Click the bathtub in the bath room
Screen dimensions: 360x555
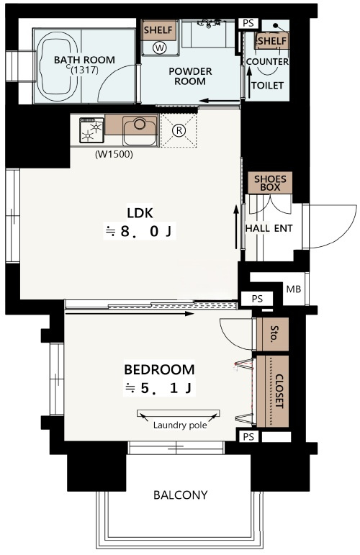(58, 66)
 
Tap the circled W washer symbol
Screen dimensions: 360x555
(160, 48)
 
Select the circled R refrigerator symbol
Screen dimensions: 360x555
(179, 130)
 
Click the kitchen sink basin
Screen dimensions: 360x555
(140, 130)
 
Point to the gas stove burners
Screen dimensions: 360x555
(91, 130)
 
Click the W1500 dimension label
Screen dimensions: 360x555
(114, 154)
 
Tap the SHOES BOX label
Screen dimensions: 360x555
(270, 183)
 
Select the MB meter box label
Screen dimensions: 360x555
(294, 289)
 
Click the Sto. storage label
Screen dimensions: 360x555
(274, 333)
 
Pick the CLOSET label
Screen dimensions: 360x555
(279, 391)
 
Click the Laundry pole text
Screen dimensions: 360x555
(180, 425)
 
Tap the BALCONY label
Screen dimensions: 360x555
(181, 495)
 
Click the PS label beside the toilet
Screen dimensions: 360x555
(248, 23)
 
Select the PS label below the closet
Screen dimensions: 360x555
(248, 437)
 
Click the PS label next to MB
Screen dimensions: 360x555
(257, 299)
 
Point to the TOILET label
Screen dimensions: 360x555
(268, 86)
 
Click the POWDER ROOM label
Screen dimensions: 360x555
(191, 76)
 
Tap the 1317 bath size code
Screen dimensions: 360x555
(84, 70)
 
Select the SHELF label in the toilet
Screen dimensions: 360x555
(271, 41)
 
